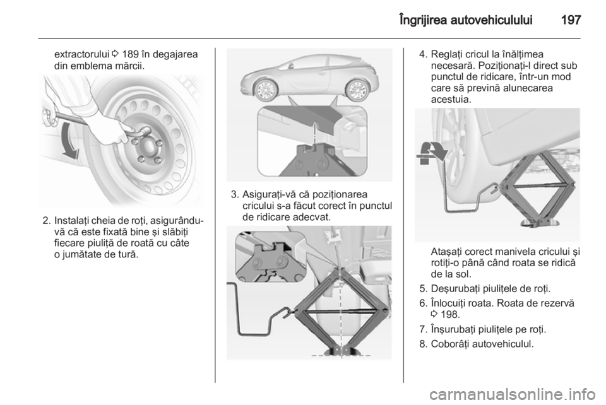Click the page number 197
click(x=571, y=20)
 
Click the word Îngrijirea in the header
click(x=422, y=20)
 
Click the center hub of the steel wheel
click(x=148, y=146)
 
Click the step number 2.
click(x=46, y=221)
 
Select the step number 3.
click(x=234, y=194)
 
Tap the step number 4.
click(x=423, y=54)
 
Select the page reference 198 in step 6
click(x=450, y=315)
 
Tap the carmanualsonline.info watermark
click(x=513, y=394)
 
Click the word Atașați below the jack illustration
click(x=446, y=252)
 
